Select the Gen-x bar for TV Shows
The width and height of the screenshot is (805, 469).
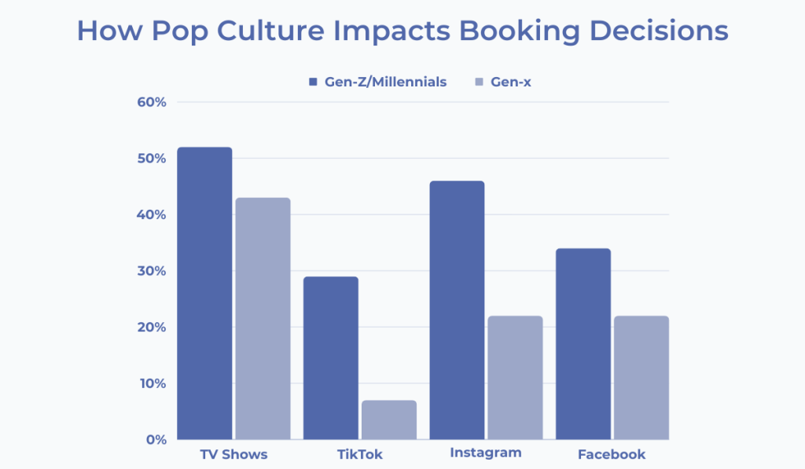pyautogui.click(x=263, y=318)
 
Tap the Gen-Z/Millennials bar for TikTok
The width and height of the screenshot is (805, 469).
pyautogui.click(x=331, y=357)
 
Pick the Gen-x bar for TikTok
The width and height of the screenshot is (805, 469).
pyautogui.click(x=389, y=420)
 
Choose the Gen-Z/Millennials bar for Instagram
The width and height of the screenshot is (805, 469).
pyautogui.click(x=457, y=310)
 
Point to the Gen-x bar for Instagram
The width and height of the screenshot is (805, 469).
pyautogui.click(x=515, y=377)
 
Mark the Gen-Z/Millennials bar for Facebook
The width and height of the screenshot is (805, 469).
pyautogui.click(x=583, y=343)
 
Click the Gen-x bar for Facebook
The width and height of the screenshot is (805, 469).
pyautogui.click(x=641, y=377)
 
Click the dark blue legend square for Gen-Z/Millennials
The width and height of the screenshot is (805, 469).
pyautogui.click(x=313, y=82)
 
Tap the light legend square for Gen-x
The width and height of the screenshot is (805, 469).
pyautogui.click(x=480, y=82)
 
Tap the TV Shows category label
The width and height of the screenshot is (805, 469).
pyautogui.click(x=233, y=455)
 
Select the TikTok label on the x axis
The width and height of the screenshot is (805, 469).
pyautogui.click(x=359, y=455)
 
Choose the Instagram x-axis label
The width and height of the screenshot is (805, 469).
pyautogui.click(x=486, y=453)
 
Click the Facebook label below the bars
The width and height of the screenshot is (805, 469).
pyautogui.click(x=612, y=455)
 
